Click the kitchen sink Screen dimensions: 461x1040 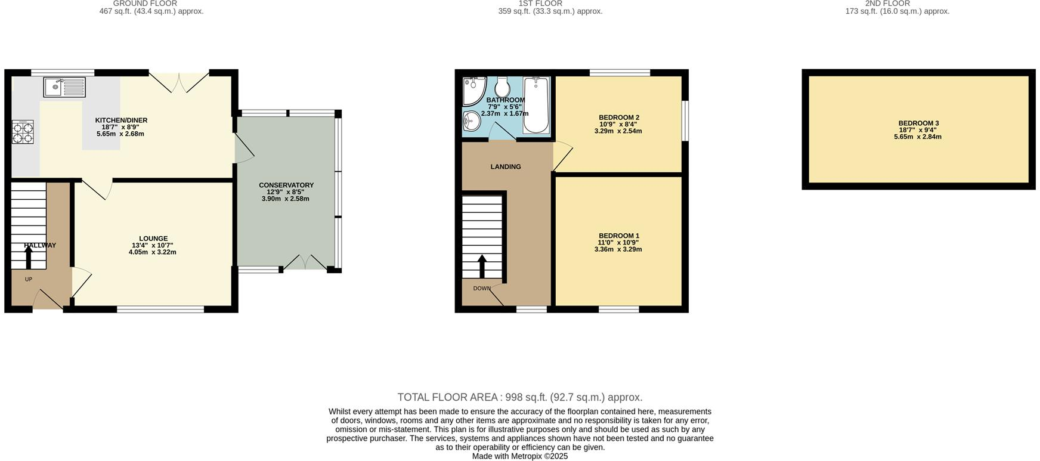pos(64,87)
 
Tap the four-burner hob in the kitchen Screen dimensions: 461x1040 pos(23,132)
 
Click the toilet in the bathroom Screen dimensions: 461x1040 pos(502,87)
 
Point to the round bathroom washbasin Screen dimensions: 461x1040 pos(471,120)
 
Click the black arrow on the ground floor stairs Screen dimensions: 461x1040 pos(29,257)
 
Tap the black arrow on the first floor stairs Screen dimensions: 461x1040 pos(482,267)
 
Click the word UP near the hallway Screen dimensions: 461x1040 pos(29,279)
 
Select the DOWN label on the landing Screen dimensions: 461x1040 pos(482,289)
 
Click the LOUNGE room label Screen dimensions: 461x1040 pos(153,239)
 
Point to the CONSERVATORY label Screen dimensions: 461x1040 pos(286,185)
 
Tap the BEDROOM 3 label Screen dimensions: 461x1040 pos(918,123)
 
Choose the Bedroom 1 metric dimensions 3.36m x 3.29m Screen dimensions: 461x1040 pos(618,250)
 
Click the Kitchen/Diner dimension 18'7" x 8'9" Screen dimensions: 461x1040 pos(121,127)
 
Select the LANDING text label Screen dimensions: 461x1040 pos(506,167)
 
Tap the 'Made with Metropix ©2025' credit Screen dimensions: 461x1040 pos(520,456)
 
